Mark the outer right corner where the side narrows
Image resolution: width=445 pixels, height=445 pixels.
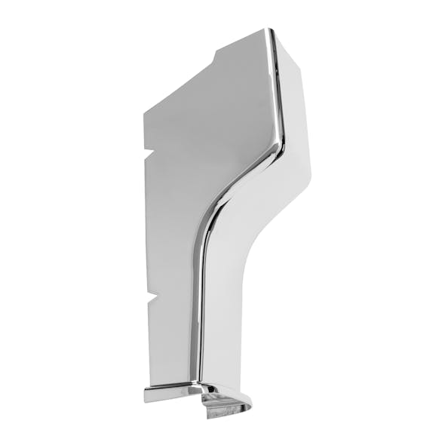click(x=310, y=173)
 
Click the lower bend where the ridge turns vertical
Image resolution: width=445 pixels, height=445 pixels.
click(x=204, y=226)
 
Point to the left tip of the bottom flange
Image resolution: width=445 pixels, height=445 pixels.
click(x=146, y=393)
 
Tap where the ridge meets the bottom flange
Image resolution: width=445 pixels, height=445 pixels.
click(x=198, y=384)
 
